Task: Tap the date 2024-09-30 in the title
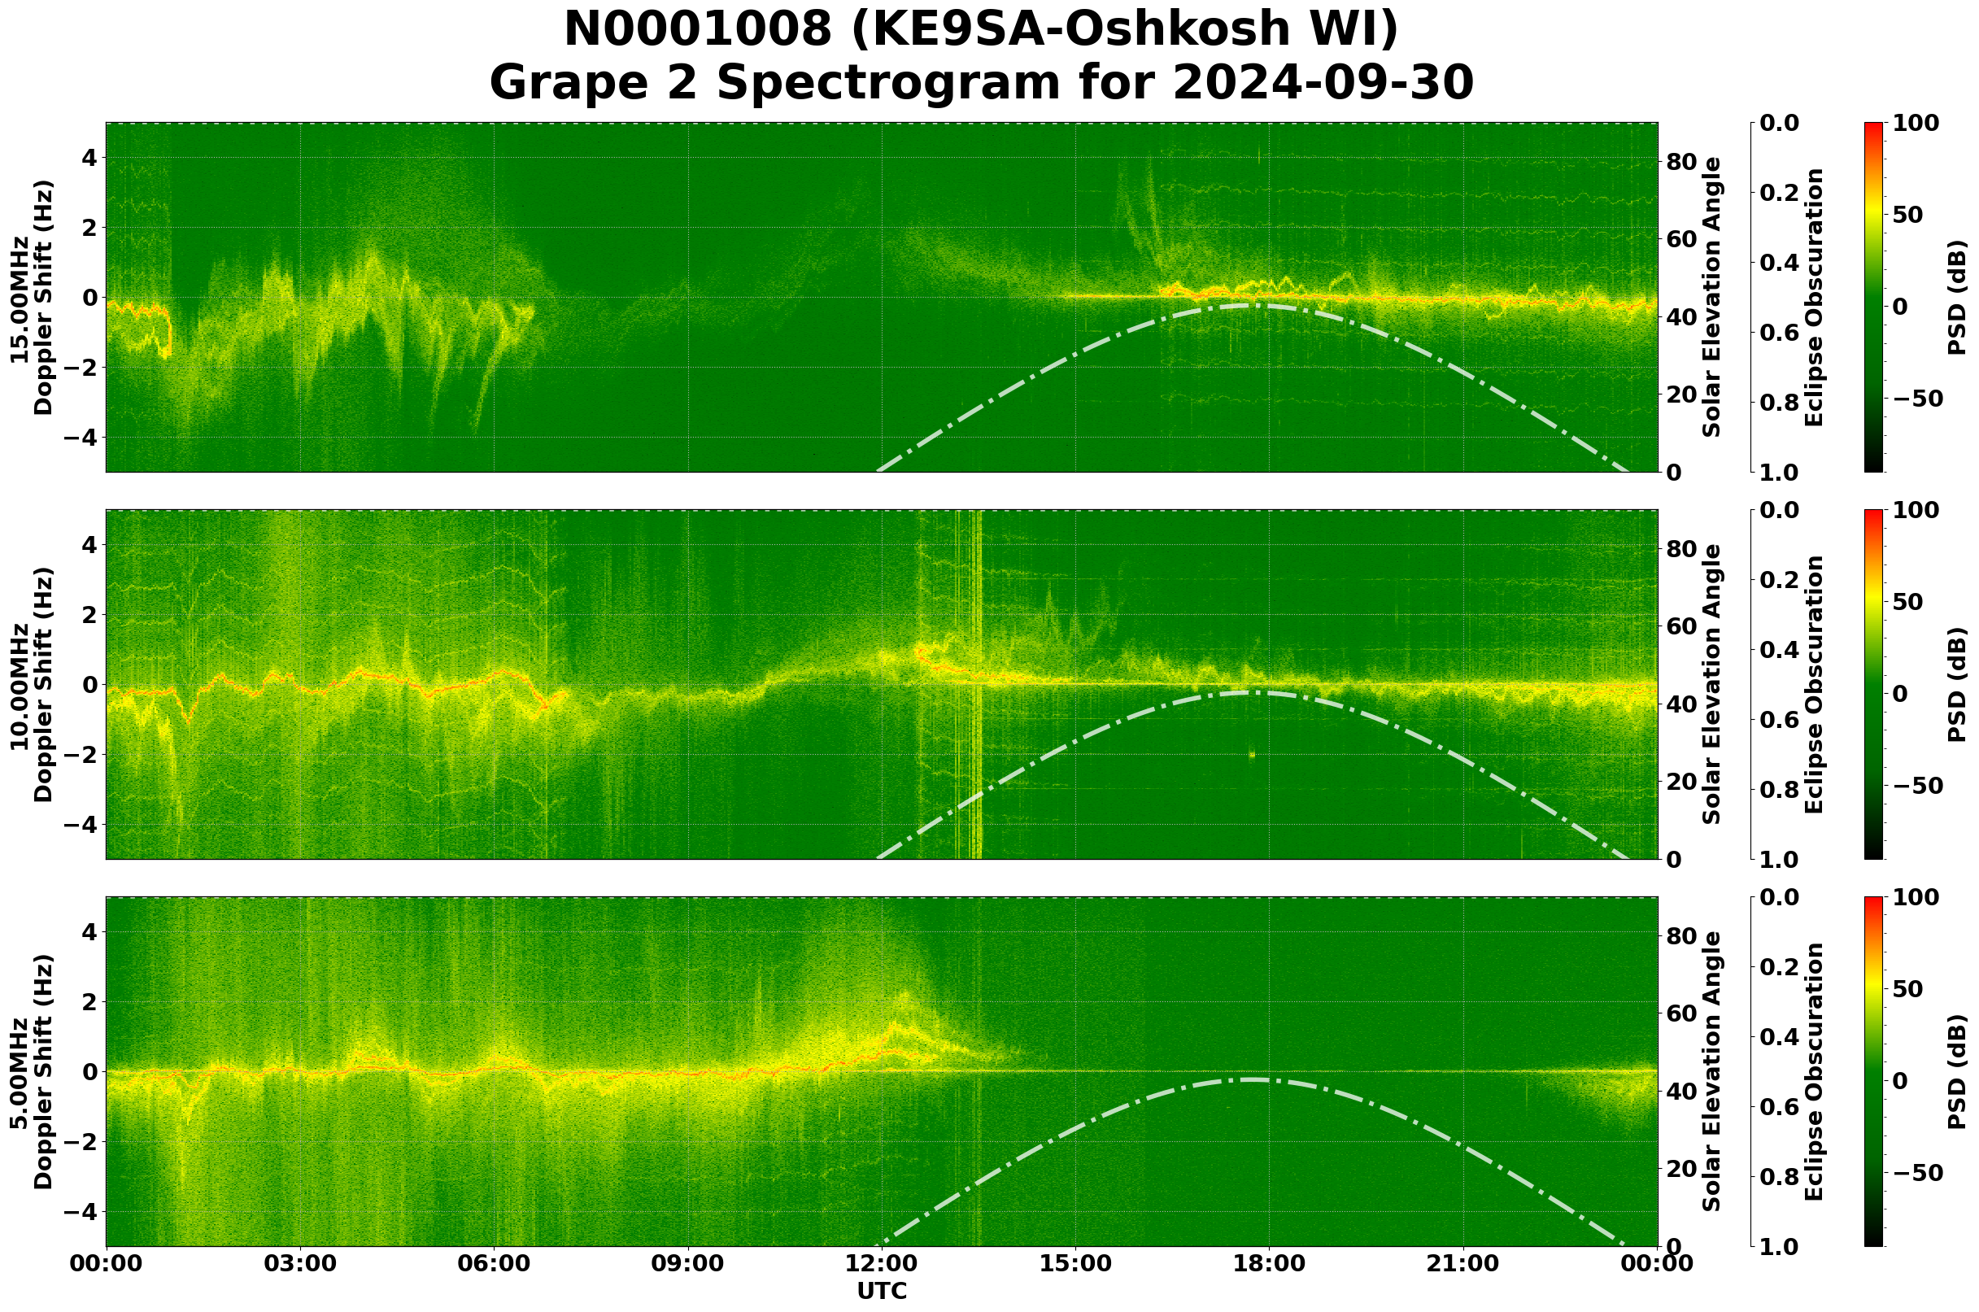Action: (x=1323, y=84)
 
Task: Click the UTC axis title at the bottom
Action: (x=881, y=1291)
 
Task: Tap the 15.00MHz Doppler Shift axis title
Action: (x=31, y=297)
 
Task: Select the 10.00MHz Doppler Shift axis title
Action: (x=31, y=684)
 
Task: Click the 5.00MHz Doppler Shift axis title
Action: (x=31, y=1072)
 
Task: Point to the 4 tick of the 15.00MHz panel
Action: (x=88, y=158)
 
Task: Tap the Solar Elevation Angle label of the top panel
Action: (x=1712, y=297)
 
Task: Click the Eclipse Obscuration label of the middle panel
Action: (x=1813, y=684)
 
